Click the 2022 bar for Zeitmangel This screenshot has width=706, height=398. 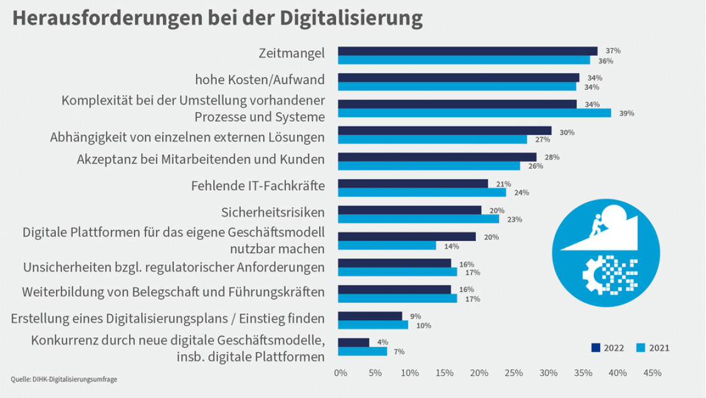(x=468, y=51)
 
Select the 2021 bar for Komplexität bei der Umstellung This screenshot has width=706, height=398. (x=475, y=113)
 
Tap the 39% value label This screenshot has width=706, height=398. (x=626, y=114)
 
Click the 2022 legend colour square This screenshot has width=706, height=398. (x=596, y=347)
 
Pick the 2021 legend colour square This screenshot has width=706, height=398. (x=640, y=347)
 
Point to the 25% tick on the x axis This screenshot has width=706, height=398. (x=514, y=373)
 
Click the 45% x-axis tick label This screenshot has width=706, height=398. (x=652, y=373)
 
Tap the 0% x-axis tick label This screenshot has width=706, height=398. (x=340, y=373)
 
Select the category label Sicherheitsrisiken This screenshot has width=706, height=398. (x=273, y=212)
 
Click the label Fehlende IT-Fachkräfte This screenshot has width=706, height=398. (x=257, y=186)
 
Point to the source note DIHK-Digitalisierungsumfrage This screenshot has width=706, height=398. (x=64, y=379)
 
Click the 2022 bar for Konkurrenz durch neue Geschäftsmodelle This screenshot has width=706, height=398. (x=354, y=343)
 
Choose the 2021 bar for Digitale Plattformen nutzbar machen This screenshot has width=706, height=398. (x=387, y=245)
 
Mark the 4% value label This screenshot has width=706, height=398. (x=381, y=343)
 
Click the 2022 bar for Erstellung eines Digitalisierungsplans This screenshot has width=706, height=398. (x=370, y=316)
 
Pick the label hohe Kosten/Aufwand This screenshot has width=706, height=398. (x=260, y=80)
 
